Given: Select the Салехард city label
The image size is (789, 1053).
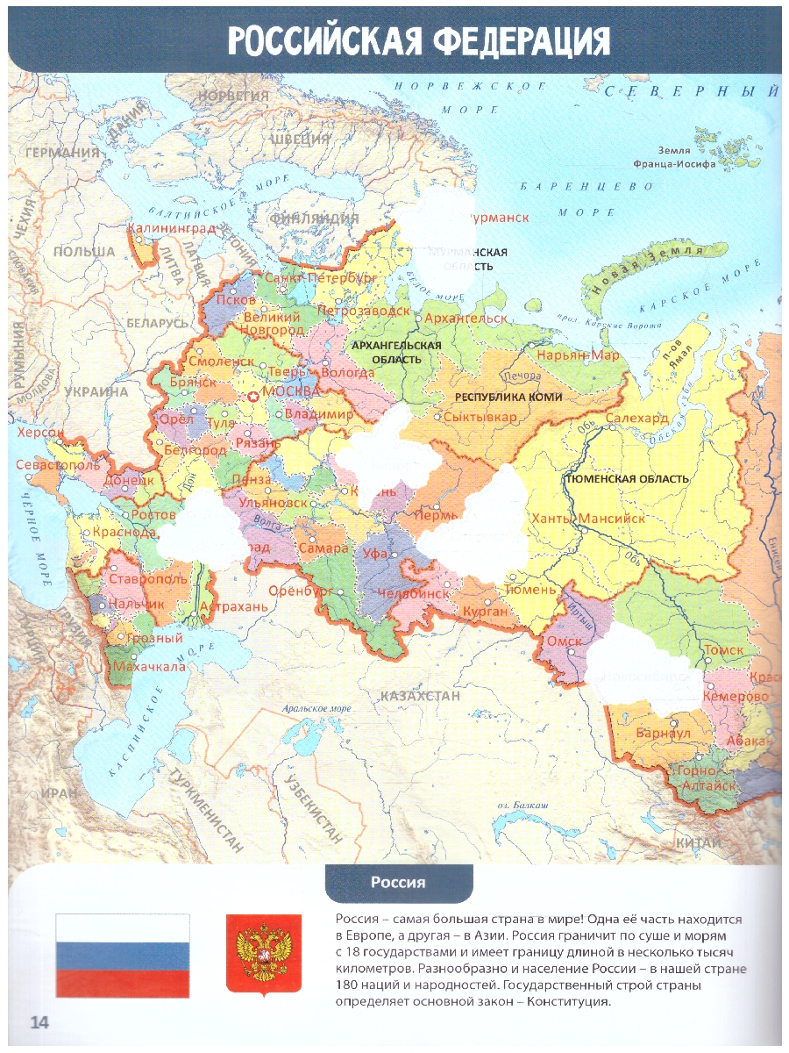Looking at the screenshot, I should pyautogui.click(x=637, y=419).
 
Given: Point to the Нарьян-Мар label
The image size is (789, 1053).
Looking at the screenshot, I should pyautogui.click(x=578, y=355).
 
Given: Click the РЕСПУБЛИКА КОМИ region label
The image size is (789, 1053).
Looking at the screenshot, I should pyautogui.click(x=508, y=397).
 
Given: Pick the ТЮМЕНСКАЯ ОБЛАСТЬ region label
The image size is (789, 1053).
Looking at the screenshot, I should pyautogui.click(x=628, y=479).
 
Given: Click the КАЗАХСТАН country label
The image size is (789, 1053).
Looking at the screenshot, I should pyautogui.click(x=420, y=695).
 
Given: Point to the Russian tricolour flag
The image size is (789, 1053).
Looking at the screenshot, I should pyautogui.click(x=122, y=955).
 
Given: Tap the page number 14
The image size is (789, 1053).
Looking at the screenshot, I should pyautogui.click(x=40, y=1021).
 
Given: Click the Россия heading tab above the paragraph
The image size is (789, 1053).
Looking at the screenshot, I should pyautogui.click(x=398, y=883).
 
